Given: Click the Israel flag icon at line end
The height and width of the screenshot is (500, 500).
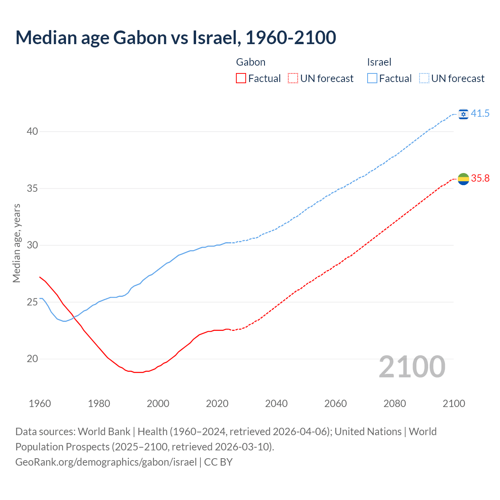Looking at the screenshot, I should (463, 114).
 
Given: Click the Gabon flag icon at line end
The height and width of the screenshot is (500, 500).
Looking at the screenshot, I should (463, 179).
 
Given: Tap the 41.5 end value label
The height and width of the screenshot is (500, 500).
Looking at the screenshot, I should (480, 114).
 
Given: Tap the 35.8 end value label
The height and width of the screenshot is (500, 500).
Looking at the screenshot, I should (480, 179).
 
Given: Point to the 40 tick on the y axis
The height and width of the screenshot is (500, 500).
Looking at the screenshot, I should (32, 132).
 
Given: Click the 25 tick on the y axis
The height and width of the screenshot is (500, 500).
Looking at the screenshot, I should (32, 302).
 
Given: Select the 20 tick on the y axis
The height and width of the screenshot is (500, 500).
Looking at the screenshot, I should (32, 359).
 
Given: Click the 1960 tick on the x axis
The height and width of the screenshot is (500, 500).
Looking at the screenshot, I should (40, 404).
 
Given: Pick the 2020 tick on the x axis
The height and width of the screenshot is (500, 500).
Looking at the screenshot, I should (217, 404).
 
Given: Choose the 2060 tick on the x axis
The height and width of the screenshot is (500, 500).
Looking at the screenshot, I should (336, 404).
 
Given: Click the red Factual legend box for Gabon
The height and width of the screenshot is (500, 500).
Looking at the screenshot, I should (241, 79).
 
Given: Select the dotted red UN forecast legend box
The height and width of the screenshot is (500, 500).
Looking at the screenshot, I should (293, 79).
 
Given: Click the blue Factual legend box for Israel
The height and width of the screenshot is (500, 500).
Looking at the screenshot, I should (372, 79).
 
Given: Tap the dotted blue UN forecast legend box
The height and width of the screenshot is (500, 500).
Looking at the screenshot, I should (424, 79).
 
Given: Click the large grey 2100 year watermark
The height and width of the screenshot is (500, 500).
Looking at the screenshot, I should (412, 367).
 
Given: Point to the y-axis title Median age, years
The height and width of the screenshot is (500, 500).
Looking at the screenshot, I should (16, 243).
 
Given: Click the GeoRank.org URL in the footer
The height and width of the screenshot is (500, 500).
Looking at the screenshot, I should (106, 462).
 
